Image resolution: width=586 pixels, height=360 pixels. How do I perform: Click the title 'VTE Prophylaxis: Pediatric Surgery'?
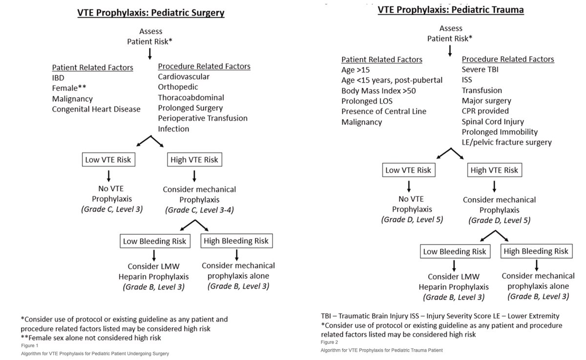pos(151,13)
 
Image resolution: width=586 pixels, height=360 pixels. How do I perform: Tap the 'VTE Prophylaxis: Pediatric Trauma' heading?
pos(451,10)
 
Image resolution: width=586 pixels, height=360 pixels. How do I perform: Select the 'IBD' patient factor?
pos(58,78)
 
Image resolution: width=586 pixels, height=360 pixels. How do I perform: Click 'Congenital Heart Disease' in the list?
pos(96,109)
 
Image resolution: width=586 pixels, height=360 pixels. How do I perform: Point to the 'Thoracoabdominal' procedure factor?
pos(191,98)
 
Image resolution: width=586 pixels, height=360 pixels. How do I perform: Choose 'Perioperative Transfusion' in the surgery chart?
pos(203,118)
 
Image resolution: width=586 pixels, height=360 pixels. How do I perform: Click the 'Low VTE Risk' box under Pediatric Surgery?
pos(108,160)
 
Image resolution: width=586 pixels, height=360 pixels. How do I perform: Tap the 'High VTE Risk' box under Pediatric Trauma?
pos(495,170)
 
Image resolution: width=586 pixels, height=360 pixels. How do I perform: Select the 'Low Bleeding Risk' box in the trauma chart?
pos(455,252)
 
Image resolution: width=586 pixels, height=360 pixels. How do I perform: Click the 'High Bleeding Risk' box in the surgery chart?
pos(236,241)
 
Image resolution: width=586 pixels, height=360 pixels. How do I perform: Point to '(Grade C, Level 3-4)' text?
pos(199,210)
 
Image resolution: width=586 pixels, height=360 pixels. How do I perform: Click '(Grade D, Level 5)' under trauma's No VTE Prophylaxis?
pos(412,219)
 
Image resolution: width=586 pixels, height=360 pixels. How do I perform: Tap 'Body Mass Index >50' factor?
pos(378,91)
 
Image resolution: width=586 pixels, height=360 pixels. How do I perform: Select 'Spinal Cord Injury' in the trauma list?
pos(493,122)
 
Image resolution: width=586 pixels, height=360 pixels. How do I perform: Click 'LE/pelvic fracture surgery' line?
pos(507,142)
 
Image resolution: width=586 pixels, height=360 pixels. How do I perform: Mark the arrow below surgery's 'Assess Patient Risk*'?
pos(150,54)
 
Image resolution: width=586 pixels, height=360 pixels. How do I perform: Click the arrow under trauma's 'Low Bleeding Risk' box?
pos(454,266)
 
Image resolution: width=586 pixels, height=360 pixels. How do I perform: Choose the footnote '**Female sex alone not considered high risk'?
pos(91,338)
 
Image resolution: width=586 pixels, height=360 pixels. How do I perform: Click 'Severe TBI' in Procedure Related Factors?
pos(480,69)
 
